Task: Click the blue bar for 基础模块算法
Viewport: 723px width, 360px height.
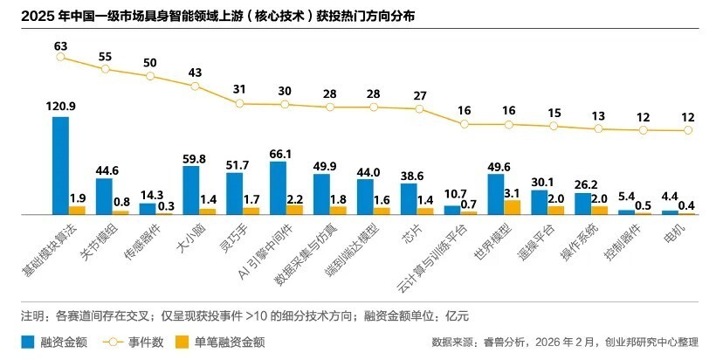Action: [x=60, y=165]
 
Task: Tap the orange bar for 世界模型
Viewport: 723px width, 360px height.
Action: [x=513, y=207]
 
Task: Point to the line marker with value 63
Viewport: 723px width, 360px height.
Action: [x=60, y=57]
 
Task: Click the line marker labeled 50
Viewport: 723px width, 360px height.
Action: [x=150, y=76]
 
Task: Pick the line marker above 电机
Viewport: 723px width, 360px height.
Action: [x=688, y=130]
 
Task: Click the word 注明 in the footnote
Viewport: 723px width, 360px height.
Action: [x=33, y=315]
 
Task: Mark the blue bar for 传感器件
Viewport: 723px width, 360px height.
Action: [x=148, y=209]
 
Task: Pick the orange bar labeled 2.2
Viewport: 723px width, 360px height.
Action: [x=294, y=210]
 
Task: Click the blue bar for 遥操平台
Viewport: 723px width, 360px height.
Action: [x=539, y=202]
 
